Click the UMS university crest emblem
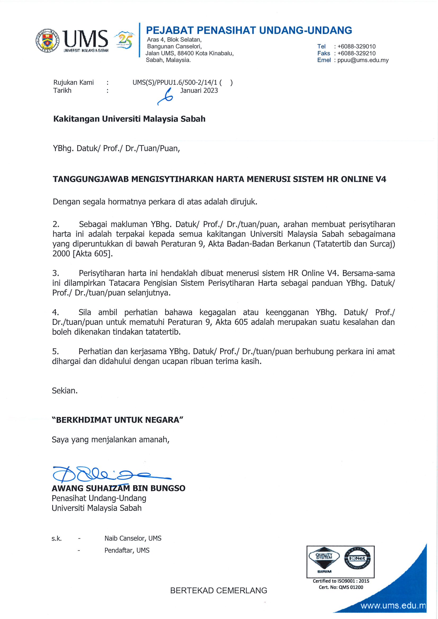click(47, 41)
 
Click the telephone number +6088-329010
click(356, 46)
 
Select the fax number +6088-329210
click(356, 53)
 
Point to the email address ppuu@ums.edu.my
click(363, 60)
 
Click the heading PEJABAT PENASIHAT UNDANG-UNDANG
click(249, 30)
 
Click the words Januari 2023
click(199, 91)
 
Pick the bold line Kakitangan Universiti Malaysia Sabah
click(129, 119)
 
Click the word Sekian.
click(65, 391)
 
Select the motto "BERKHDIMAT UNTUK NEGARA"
click(117, 420)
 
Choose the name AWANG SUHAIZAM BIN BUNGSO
click(118, 488)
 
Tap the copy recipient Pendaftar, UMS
click(127, 550)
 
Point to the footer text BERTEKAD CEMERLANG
click(218, 590)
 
